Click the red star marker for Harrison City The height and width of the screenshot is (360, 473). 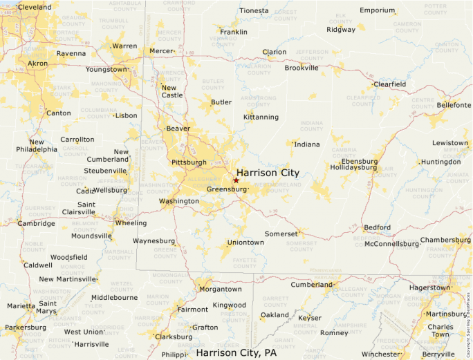[236, 180]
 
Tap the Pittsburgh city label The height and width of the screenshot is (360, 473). [189, 163]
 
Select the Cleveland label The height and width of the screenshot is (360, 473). [35, 7]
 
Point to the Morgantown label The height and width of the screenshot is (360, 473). [220, 290]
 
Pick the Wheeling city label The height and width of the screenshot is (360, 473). [131, 223]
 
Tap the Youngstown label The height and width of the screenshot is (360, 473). [106, 70]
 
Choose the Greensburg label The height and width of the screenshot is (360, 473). [226, 189]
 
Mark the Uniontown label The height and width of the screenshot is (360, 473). [245, 243]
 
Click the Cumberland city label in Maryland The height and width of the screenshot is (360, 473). [311, 285]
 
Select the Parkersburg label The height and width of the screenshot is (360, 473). [25, 328]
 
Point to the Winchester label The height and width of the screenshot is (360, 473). [380, 354]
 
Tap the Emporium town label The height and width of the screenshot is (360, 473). [377, 10]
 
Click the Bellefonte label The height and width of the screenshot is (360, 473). [454, 105]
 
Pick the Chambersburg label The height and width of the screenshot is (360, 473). [445, 240]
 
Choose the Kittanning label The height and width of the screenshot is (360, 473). [261, 117]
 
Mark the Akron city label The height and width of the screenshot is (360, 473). [37, 64]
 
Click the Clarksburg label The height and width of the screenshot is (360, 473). [174, 337]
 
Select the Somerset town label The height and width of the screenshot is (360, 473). [280, 234]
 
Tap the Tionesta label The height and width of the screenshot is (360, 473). [254, 11]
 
